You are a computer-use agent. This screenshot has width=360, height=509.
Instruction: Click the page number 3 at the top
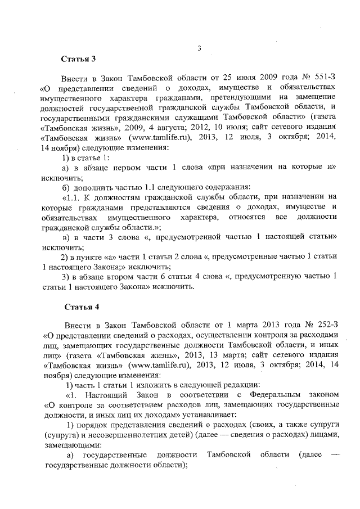199,48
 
